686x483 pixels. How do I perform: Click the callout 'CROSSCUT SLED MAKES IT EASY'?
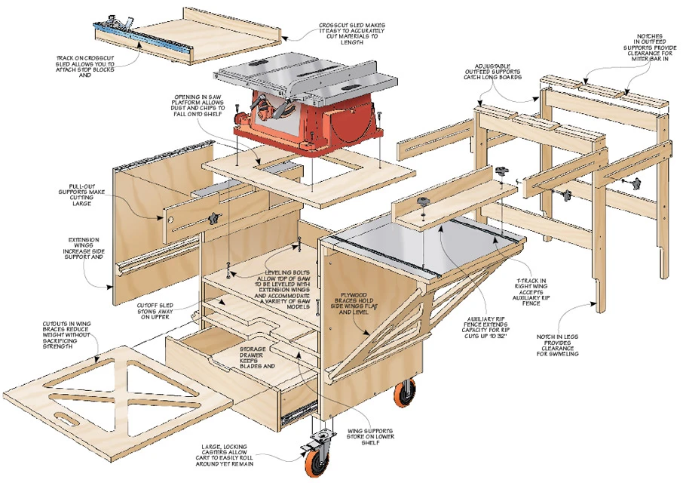[x=343, y=34]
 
